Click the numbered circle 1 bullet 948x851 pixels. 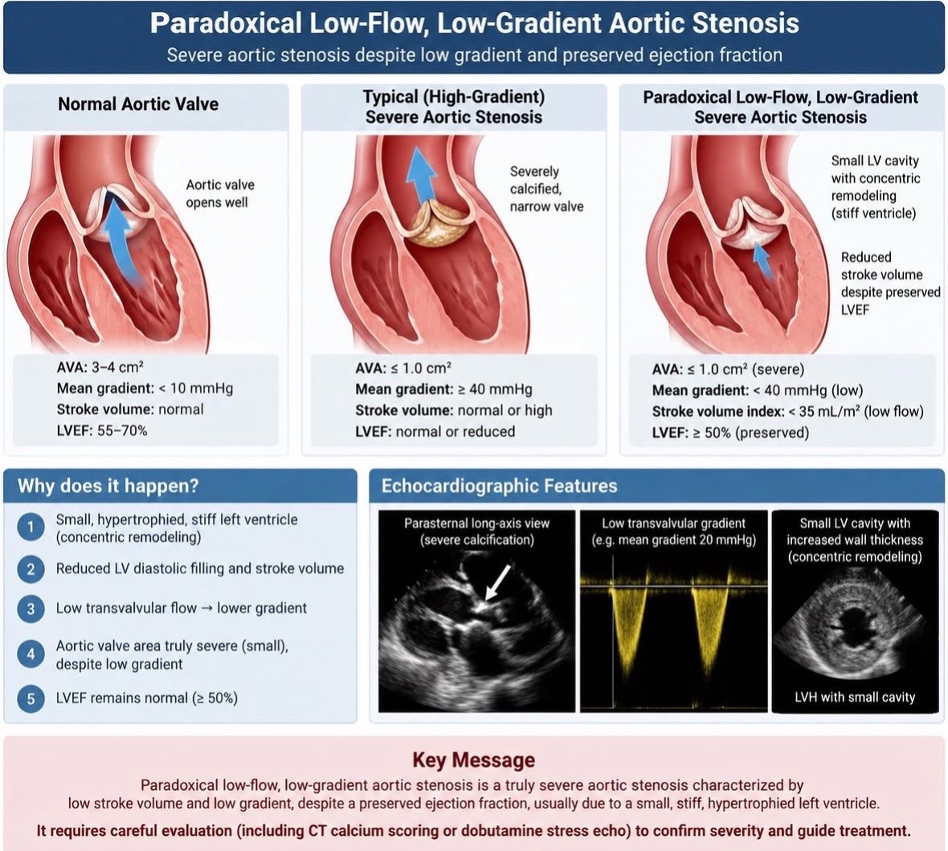tap(31, 527)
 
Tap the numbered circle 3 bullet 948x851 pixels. tap(31, 609)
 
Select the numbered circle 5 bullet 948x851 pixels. tap(31, 698)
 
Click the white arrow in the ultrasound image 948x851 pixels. tap(498, 583)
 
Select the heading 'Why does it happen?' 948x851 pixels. tap(108, 486)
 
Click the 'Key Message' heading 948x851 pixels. tap(473, 759)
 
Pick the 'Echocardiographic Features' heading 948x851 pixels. tap(500, 486)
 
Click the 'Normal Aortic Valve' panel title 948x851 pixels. tap(138, 104)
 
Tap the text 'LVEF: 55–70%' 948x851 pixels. tap(101, 430)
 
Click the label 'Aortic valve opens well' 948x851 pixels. tap(220, 193)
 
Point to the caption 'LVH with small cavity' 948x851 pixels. tap(855, 697)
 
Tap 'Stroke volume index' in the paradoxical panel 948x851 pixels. tap(717, 411)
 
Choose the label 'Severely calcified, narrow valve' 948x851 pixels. tap(546, 189)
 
